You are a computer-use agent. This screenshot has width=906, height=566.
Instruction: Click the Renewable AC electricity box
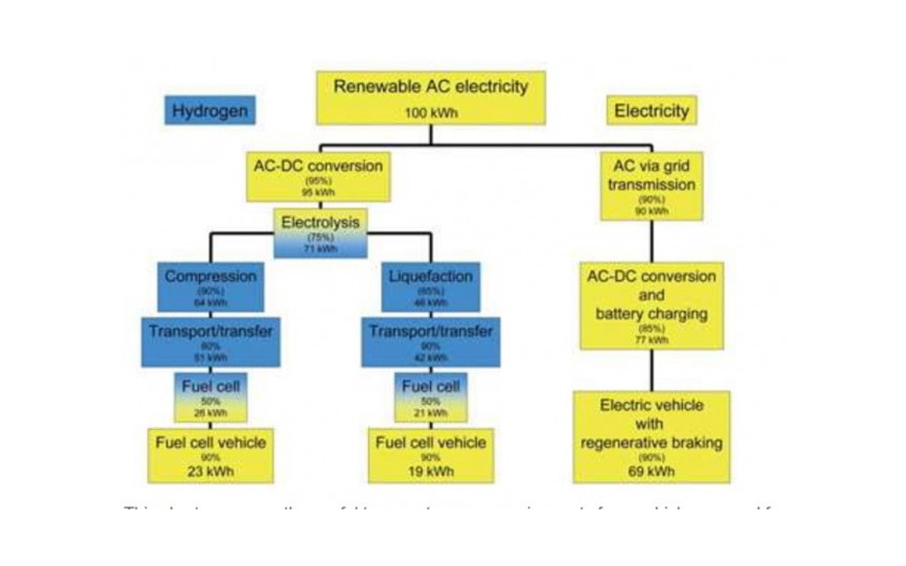(x=431, y=97)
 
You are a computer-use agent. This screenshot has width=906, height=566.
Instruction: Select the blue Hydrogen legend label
(x=209, y=111)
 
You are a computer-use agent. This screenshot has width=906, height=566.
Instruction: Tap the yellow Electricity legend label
(x=651, y=111)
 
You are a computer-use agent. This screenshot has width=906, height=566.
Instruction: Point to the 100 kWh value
(x=431, y=113)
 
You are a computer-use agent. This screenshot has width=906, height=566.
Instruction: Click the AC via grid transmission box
(x=651, y=186)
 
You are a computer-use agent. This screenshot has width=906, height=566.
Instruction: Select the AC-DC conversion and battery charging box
(x=651, y=305)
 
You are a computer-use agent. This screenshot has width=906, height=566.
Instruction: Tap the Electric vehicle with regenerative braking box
(x=651, y=437)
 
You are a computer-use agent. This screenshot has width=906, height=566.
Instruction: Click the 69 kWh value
(x=651, y=471)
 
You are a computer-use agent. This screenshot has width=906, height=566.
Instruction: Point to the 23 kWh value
(x=210, y=471)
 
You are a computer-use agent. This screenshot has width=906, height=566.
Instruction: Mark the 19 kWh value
(x=431, y=471)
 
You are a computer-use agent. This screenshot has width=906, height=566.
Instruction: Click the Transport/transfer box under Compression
(x=210, y=341)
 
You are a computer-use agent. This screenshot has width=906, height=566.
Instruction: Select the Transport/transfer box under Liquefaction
(x=431, y=341)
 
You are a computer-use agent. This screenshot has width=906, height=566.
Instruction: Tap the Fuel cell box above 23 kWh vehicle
(x=210, y=397)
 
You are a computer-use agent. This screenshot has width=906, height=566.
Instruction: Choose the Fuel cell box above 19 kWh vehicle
(x=431, y=397)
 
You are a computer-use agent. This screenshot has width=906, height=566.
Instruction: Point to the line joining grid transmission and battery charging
(x=651, y=241)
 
